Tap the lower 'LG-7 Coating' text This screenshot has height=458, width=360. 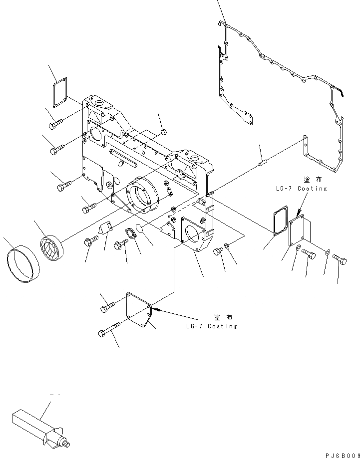point(210,326)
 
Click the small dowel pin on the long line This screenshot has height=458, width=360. point(264,161)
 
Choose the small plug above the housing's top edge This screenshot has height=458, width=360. point(163,132)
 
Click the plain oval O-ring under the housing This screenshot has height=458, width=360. point(142,229)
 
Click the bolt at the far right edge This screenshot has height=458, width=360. point(340,259)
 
